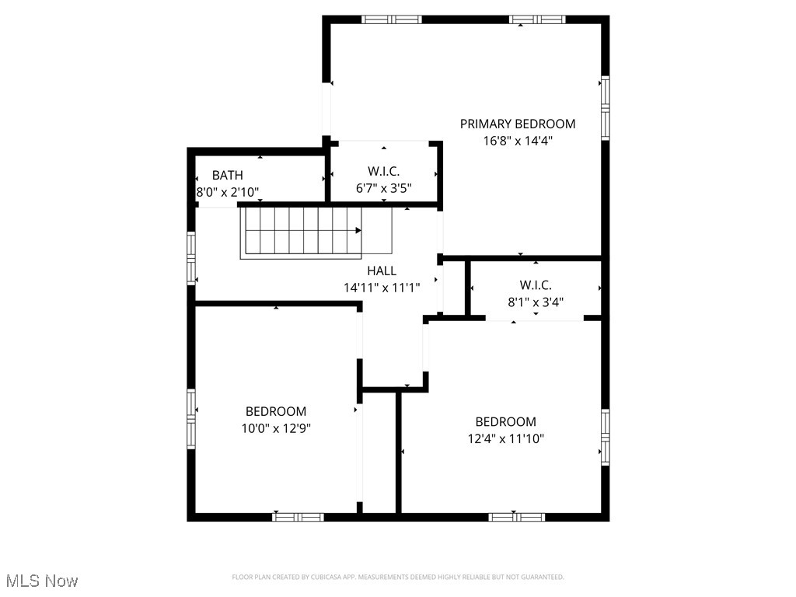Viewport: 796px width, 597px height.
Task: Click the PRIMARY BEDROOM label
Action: pyautogui.click(x=518, y=124)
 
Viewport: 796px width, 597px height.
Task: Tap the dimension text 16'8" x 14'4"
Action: pyautogui.click(x=518, y=141)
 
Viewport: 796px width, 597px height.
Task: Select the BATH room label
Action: pyautogui.click(x=227, y=176)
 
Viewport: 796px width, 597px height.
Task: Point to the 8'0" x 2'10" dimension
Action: pyautogui.click(x=227, y=191)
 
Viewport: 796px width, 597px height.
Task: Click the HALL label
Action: pyautogui.click(x=382, y=271)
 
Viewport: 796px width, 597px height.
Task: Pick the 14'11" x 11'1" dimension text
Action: pyautogui.click(x=382, y=287)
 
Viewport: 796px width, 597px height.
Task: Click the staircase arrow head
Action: pyautogui.click(x=358, y=230)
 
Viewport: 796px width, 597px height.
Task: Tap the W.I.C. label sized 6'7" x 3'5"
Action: pyautogui.click(x=383, y=171)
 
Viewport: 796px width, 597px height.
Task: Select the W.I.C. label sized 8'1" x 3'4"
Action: pyautogui.click(x=536, y=285)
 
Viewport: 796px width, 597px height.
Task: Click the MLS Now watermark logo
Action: pyautogui.click(x=42, y=581)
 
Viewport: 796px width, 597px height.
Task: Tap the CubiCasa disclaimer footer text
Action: pyautogui.click(x=398, y=577)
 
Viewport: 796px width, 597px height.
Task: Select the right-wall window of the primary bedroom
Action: pyautogui.click(x=605, y=107)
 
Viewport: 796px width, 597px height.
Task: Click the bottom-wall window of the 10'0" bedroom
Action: pyautogui.click(x=298, y=516)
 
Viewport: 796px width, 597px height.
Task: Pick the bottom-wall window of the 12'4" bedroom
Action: pyautogui.click(x=516, y=516)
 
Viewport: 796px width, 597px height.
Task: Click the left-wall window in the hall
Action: pyautogui.click(x=191, y=259)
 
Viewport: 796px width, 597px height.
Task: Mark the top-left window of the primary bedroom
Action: pyautogui.click(x=391, y=19)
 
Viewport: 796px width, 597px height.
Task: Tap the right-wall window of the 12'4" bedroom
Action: pyautogui.click(x=605, y=436)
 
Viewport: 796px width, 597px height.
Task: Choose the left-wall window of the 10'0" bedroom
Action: pyautogui.click(x=191, y=418)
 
